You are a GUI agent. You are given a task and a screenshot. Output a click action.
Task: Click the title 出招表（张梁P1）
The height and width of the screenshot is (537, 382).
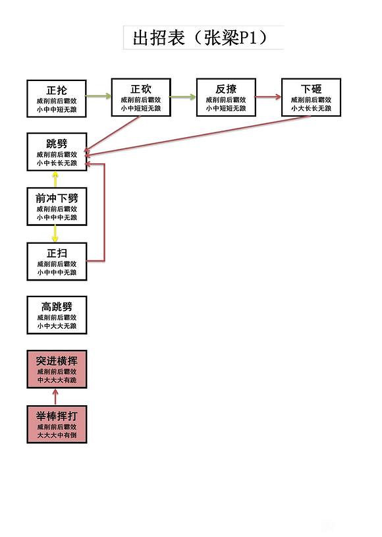pyautogui.click(x=203, y=38)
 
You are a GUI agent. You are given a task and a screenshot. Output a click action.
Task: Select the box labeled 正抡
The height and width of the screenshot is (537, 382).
pyautogui.click(x=57, y=98)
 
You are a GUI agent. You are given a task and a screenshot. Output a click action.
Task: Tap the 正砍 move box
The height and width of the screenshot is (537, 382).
pyautogui.click(x=141, y=98)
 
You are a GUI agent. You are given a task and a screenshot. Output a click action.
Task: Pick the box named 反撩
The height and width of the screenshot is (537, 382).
pyautogui.click(x=226, y=98)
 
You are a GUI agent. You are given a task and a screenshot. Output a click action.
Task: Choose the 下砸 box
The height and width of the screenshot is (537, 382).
pyautogui.click(x=311, y=98)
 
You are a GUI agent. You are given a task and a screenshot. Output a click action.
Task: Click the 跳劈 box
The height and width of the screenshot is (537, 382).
pyautogui.click(x=57, y=152)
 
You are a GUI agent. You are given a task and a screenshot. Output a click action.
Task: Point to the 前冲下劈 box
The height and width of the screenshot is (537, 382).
pyautogui.click(x=57, y=207)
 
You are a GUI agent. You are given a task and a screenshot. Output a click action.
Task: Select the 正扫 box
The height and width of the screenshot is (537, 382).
pyautogui.click(x=57, y=262)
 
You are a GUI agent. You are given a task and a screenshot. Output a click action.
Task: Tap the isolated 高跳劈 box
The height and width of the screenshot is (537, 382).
pyautogui.click(x=57, y=315)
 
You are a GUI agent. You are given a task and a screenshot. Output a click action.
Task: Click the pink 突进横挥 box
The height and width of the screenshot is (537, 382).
pyautogui.click(x=57, y=370)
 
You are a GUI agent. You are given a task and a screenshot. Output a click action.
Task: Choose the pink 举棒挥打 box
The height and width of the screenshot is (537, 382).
pyautogui.click(x=57, y=424)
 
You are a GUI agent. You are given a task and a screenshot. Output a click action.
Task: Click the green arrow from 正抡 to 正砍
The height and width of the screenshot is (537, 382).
pyautogui.click(x=99, y=97)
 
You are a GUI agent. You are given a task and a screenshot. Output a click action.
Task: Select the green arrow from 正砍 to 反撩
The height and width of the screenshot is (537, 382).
pyautogui.click(x=184, y=97)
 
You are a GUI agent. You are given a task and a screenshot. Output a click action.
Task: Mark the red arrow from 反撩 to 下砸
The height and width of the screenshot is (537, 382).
pyautogui.click(x=268, y=97)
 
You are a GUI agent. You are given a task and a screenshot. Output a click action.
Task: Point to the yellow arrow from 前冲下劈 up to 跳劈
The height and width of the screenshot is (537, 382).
pyautogui.click(x=55, y=180)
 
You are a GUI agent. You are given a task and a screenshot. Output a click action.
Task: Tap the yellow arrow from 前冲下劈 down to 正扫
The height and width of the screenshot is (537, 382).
pyautogui.click(x=55, y=234)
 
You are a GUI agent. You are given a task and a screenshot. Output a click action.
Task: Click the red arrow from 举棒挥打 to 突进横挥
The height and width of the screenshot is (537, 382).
pyautogui.click(x=55, y=397)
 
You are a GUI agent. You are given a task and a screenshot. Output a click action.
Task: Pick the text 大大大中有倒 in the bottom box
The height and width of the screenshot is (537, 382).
pyautogui.click(x=57, y=436)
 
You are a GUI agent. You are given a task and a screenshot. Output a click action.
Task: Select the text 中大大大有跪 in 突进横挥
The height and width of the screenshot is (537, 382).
pyautogui.click(x=57, y=381)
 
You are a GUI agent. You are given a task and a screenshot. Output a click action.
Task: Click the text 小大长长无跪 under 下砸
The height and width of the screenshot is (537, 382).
pyautogui.click(x=311, y=108)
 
